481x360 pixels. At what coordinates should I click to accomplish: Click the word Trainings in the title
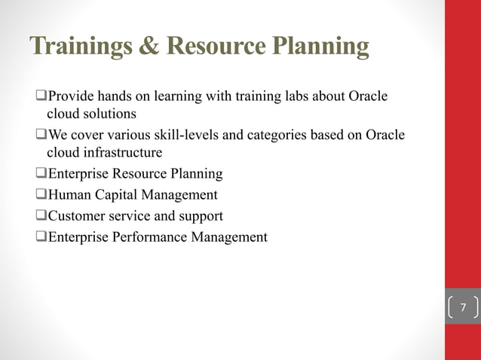[x=71, y=47]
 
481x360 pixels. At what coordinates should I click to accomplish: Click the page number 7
[x=463, y=308]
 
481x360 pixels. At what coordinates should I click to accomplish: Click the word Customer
[x=76, y=216]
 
